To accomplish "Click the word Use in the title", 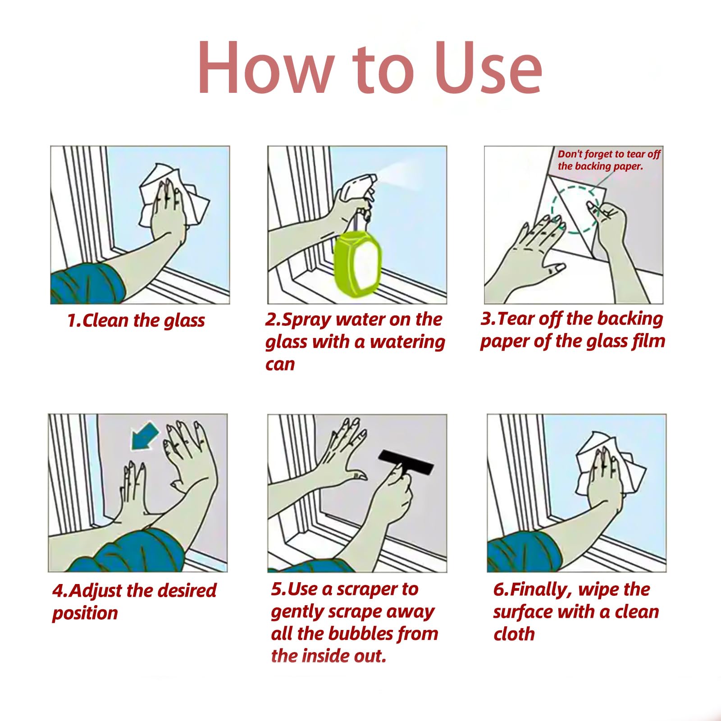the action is pos(488,68).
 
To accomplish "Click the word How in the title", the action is pos(265,68).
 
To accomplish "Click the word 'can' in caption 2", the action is pos(280,364).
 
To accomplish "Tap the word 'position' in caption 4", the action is pos(85,614).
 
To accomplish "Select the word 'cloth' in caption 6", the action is pos(514,634).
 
